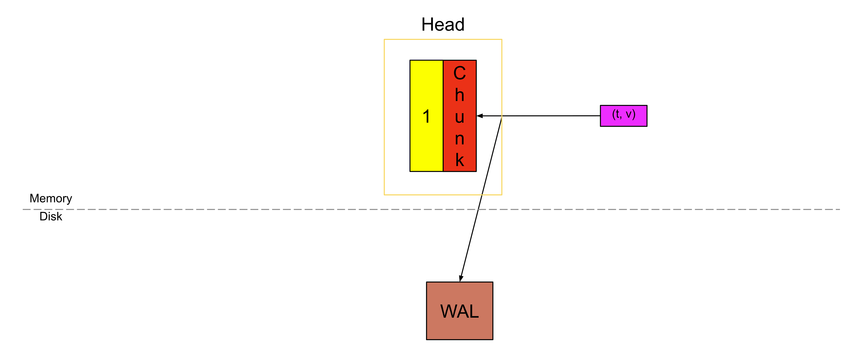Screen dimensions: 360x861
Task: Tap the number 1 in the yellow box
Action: coord(426,116)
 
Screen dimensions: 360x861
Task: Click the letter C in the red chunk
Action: coord(460,73)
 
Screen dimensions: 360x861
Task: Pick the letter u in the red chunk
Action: coord(460,117)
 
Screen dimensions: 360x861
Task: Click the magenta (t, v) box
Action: coord(623,116)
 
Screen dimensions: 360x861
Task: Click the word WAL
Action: coord(460,311)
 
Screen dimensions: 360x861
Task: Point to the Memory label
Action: coord(51,198)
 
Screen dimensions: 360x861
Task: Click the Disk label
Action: coord(51,216)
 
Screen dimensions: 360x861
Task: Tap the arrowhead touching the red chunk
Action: coord(480,116)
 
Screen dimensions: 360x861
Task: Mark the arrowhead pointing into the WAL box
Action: coord(461,278)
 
